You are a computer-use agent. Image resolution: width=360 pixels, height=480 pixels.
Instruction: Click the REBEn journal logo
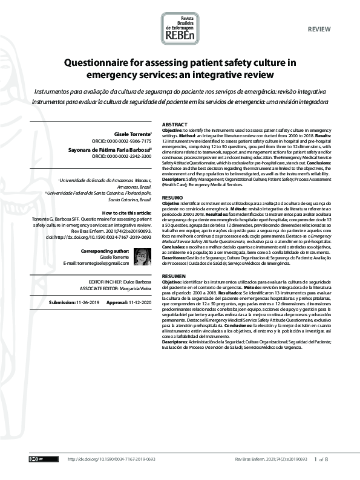[180, 28]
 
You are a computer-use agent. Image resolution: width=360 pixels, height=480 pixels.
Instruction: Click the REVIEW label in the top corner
[319, 29]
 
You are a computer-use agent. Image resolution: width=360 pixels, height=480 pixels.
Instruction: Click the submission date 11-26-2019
[88, 302]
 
